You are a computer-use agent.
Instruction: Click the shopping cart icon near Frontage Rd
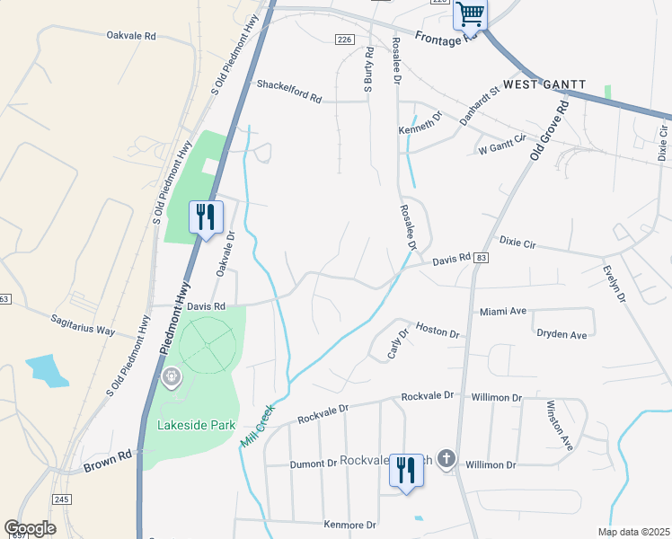pyautogui.click(x=470, y=15)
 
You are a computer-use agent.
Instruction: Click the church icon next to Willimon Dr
pyautogui.click(x=447, y=460)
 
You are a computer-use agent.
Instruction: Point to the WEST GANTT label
pyautogui.click(x=544, y=84)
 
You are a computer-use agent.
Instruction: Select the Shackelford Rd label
pyautogui.click(x=289, y=85)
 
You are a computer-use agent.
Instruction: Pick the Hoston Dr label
pyautogui.click(x=438, y=331)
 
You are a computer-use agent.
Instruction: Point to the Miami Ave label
pyautogui.click(x=503, y=311)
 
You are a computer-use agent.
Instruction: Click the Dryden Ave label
pyautogui.click(x=561, y=334)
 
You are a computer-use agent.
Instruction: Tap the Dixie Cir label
pyautogui.click(x=517, y=243)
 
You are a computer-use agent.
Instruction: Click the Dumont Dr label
pyautogui.click(x=314, y=464)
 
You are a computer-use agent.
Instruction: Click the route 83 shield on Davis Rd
pyautogui.click(x=483, y=258)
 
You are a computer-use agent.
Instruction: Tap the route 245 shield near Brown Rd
pyautogui.click(x=61, y=499)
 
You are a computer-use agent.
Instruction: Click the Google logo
pyautogui.click(x=31, y=527)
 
